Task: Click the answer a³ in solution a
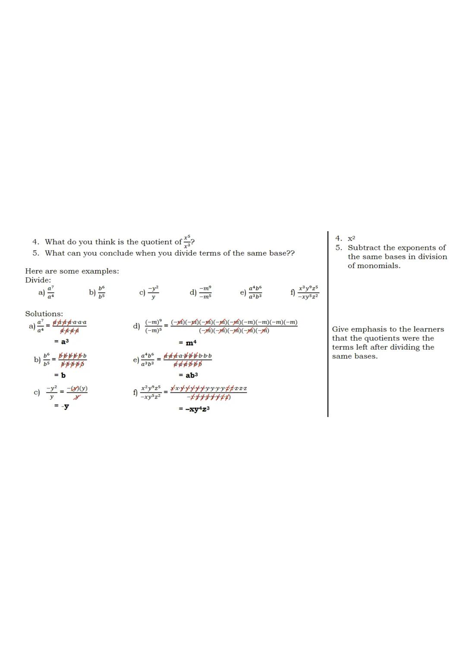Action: pyautogui.click(x=63, y=342)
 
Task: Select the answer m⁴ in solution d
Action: pyautogui.click(x=190, y=343)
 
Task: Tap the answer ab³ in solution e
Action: pyautogui.click(x=192, y=375)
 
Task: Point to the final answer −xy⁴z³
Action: pyautogui.click(x=197, y=409)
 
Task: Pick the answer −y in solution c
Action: pyautogui.click(x=65, y=406)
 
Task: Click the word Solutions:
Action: pyautogui.click(x=44, y=313)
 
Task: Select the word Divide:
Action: pyautogui.click(x=38, y=280)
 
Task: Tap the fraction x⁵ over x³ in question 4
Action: pyautogui.click(x=187, y=241)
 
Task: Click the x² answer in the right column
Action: pyautogui.click(x=352, y=238)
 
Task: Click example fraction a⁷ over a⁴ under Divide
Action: pyautogui.click(x=51, y=292)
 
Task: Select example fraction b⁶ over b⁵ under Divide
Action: pyautogui.click(x=101, y=292)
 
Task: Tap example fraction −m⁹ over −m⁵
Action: pyautogui.click(x=205, y=292)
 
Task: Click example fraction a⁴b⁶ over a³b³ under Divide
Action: pyautogui.click(x=255, y=292)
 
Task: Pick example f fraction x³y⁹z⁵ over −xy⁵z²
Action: pyautogui.click(x=309, y=292)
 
